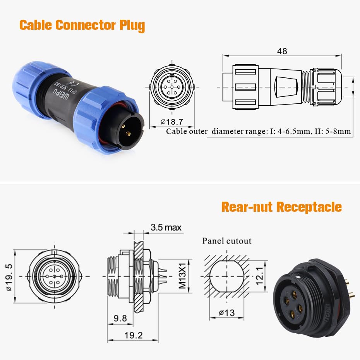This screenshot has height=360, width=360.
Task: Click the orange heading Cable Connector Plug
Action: tap(82, 25)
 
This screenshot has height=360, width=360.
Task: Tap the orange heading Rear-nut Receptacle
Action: tap(281, 207)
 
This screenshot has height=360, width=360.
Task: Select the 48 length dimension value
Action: tap(282, 51)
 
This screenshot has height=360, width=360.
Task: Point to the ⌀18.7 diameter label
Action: tap(172, 122)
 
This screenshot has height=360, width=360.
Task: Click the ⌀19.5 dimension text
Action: tap(9, 277)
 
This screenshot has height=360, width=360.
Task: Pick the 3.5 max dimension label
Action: tap(166, 227)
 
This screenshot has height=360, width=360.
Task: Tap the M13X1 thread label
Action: tap(182, 276)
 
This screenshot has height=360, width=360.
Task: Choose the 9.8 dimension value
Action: tap(120, 318)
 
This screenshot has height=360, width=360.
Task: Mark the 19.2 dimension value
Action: tap(134, 335)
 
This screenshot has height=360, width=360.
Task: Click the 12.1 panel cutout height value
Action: tap(259, 276)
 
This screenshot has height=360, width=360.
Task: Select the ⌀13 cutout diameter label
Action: tap(226, 313)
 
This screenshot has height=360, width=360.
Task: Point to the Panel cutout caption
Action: tap(226, 241)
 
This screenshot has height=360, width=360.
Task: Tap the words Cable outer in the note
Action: tap(187, 131)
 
